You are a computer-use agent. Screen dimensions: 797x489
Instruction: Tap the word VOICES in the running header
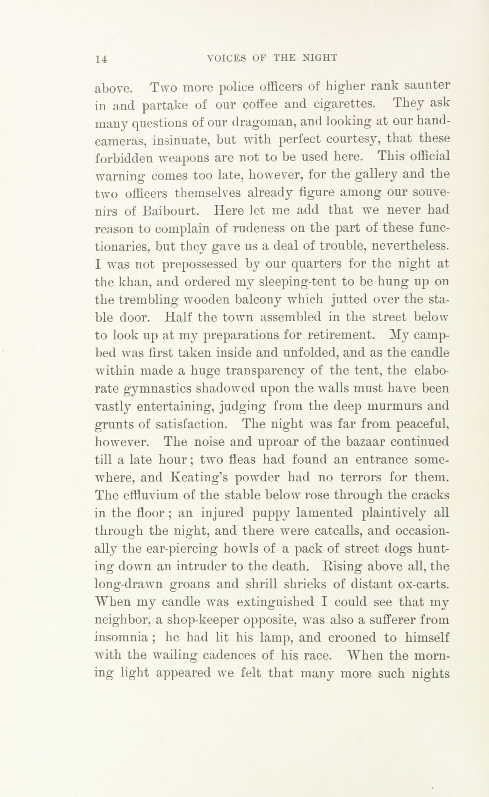pos(227,58)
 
